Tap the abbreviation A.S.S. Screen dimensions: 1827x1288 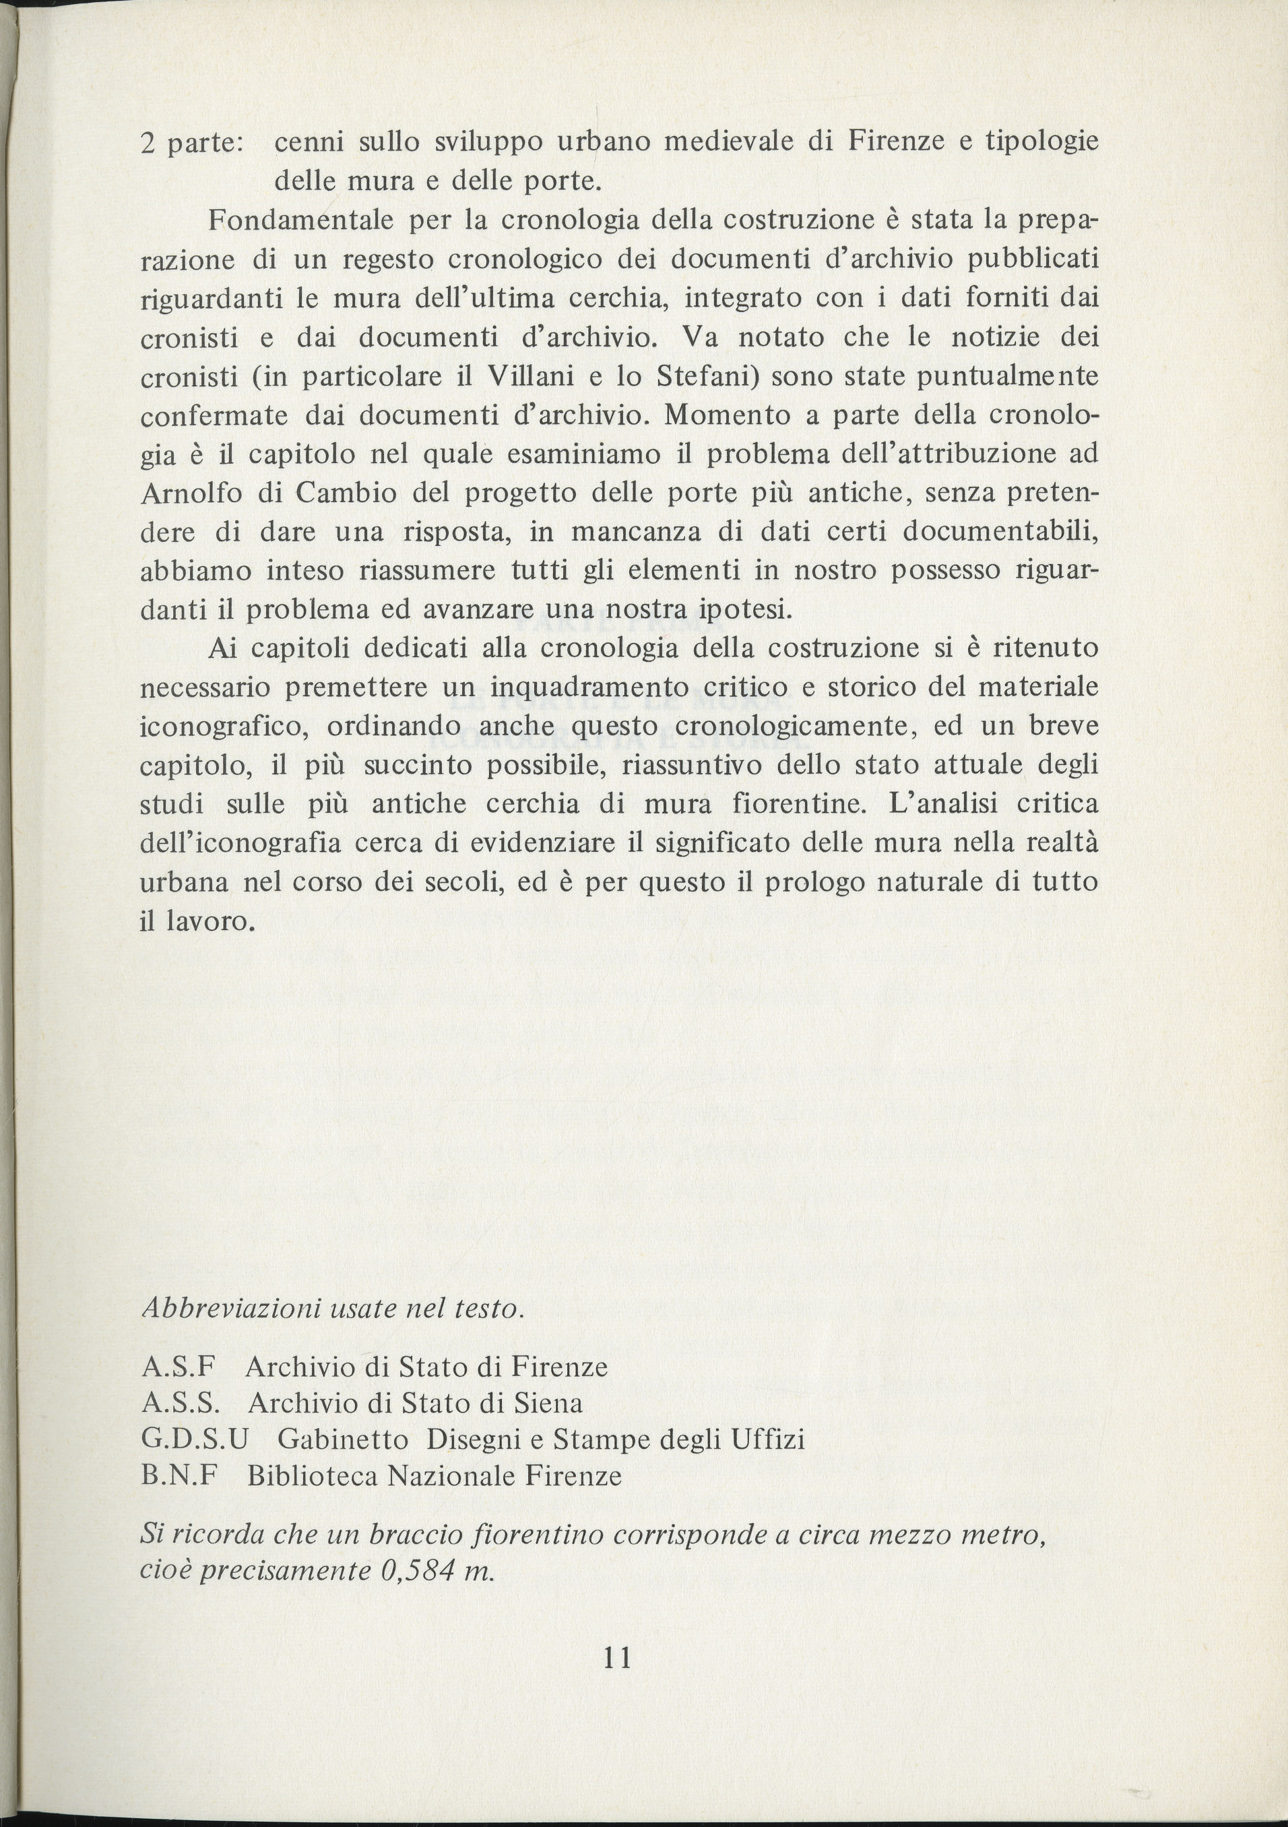click(185, 1403)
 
